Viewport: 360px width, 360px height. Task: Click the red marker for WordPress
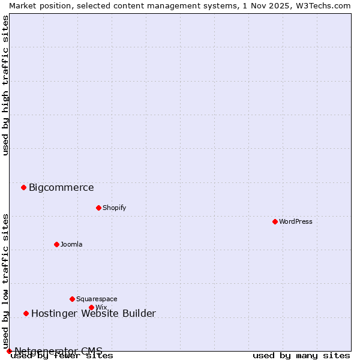tap(275, 221)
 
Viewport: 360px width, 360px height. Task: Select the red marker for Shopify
tap(98, 208)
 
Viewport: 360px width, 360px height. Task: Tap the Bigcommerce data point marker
tap(23, 187)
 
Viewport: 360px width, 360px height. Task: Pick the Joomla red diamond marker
tap(56, 244)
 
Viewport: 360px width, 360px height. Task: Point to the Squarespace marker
tap(72, 299)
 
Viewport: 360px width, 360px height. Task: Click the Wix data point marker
tap(91, 307)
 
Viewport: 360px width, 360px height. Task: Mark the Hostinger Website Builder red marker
tap(26, 313)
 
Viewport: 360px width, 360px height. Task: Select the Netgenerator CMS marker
tap(9, 351)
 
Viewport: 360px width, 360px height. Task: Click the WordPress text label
tap(296, 221)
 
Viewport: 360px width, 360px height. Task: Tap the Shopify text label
tap(115, 208)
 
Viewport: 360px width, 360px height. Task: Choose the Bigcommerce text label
tap(61, 187)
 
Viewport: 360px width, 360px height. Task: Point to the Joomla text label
tap(71, 244)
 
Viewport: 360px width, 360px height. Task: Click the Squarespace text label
tap(97, 299)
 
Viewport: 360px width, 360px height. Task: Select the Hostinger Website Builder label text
tap(93, 313)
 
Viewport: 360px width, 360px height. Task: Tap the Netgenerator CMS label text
tap(58, 351)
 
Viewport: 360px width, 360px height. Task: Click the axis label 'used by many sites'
tap(301, 356)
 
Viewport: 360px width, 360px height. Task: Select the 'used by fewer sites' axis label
tap(62, 356)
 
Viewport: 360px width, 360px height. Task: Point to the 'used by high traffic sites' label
tap(5, 85)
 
